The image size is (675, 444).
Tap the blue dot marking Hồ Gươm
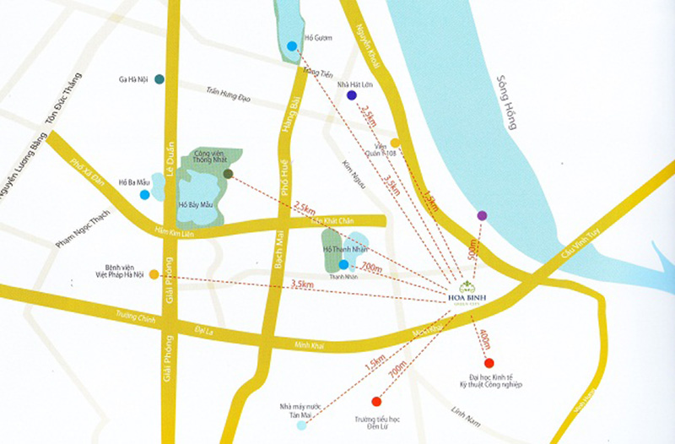pos(292,46)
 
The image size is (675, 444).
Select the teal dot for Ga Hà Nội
pos(159,79)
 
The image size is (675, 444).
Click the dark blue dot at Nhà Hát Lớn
pos(351,95)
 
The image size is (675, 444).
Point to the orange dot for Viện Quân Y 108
pos(395,143)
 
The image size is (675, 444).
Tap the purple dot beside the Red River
pos(482,215)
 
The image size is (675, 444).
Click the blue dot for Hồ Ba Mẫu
pos(145,195)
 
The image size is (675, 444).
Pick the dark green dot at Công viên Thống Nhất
pos(229,174)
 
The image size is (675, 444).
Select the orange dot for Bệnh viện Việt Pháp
pos(154,273)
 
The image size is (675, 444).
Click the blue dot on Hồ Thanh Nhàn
pos(343,265)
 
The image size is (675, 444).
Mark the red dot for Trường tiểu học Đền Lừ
pos(375,401)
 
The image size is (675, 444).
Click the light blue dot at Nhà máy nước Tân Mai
pos(302,425)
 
